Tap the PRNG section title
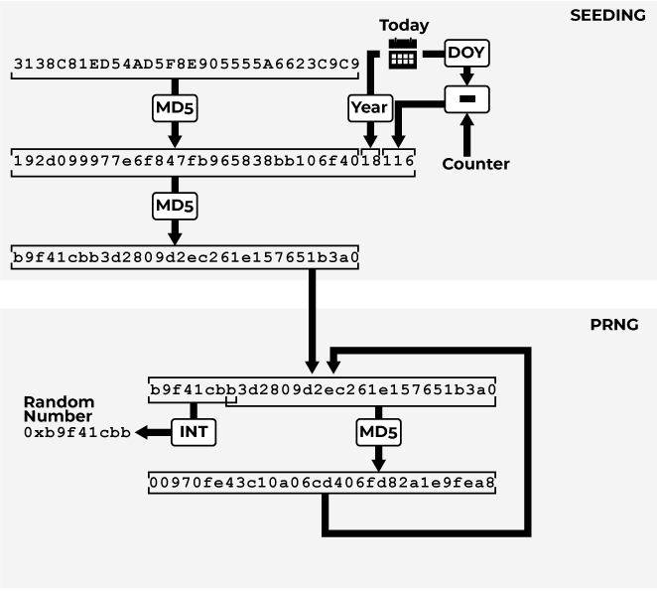614,325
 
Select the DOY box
465,52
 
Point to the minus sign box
466,98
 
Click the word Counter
475,164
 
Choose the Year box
368,107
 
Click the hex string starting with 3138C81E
187,66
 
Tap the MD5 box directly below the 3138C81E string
175,107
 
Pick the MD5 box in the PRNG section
377,432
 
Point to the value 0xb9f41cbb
77,433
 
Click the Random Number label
58,409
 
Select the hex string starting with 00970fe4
322,483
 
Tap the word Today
404,25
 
